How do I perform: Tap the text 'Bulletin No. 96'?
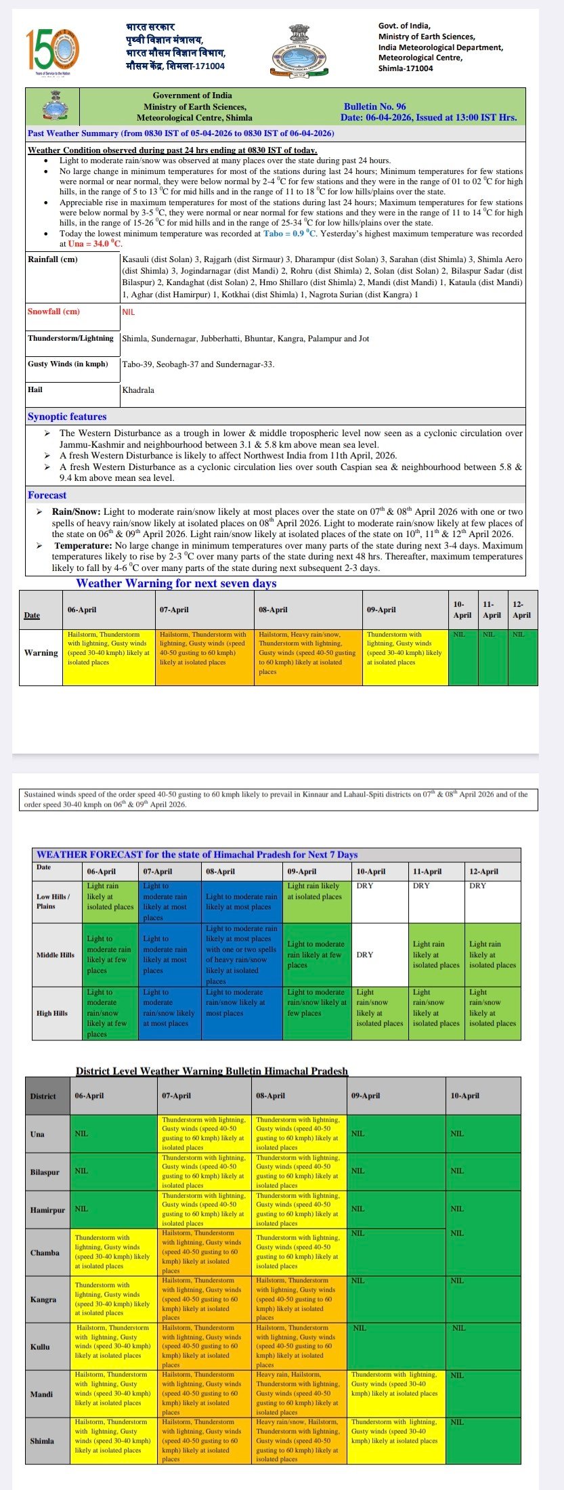[x=374, y=106]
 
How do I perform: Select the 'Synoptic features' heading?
[x=67, y=417]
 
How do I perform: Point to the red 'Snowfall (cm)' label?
[x=53, y=312]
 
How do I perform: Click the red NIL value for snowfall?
[x=129, y=312]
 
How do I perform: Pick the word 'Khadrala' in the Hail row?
[x=138, y=390]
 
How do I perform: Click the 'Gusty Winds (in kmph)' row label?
[x=68, y=364]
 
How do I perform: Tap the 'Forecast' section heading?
[x=47, y=495]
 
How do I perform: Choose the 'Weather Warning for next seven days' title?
[x=176, y=583]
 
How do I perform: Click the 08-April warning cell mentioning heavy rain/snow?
[x=307, y=653]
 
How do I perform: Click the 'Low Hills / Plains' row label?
[x=53, y=901]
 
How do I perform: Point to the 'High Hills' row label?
[x=52, y=1013]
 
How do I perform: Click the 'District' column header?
[x=43, y=1096]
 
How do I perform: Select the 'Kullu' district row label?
[x=40, y=1347]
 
